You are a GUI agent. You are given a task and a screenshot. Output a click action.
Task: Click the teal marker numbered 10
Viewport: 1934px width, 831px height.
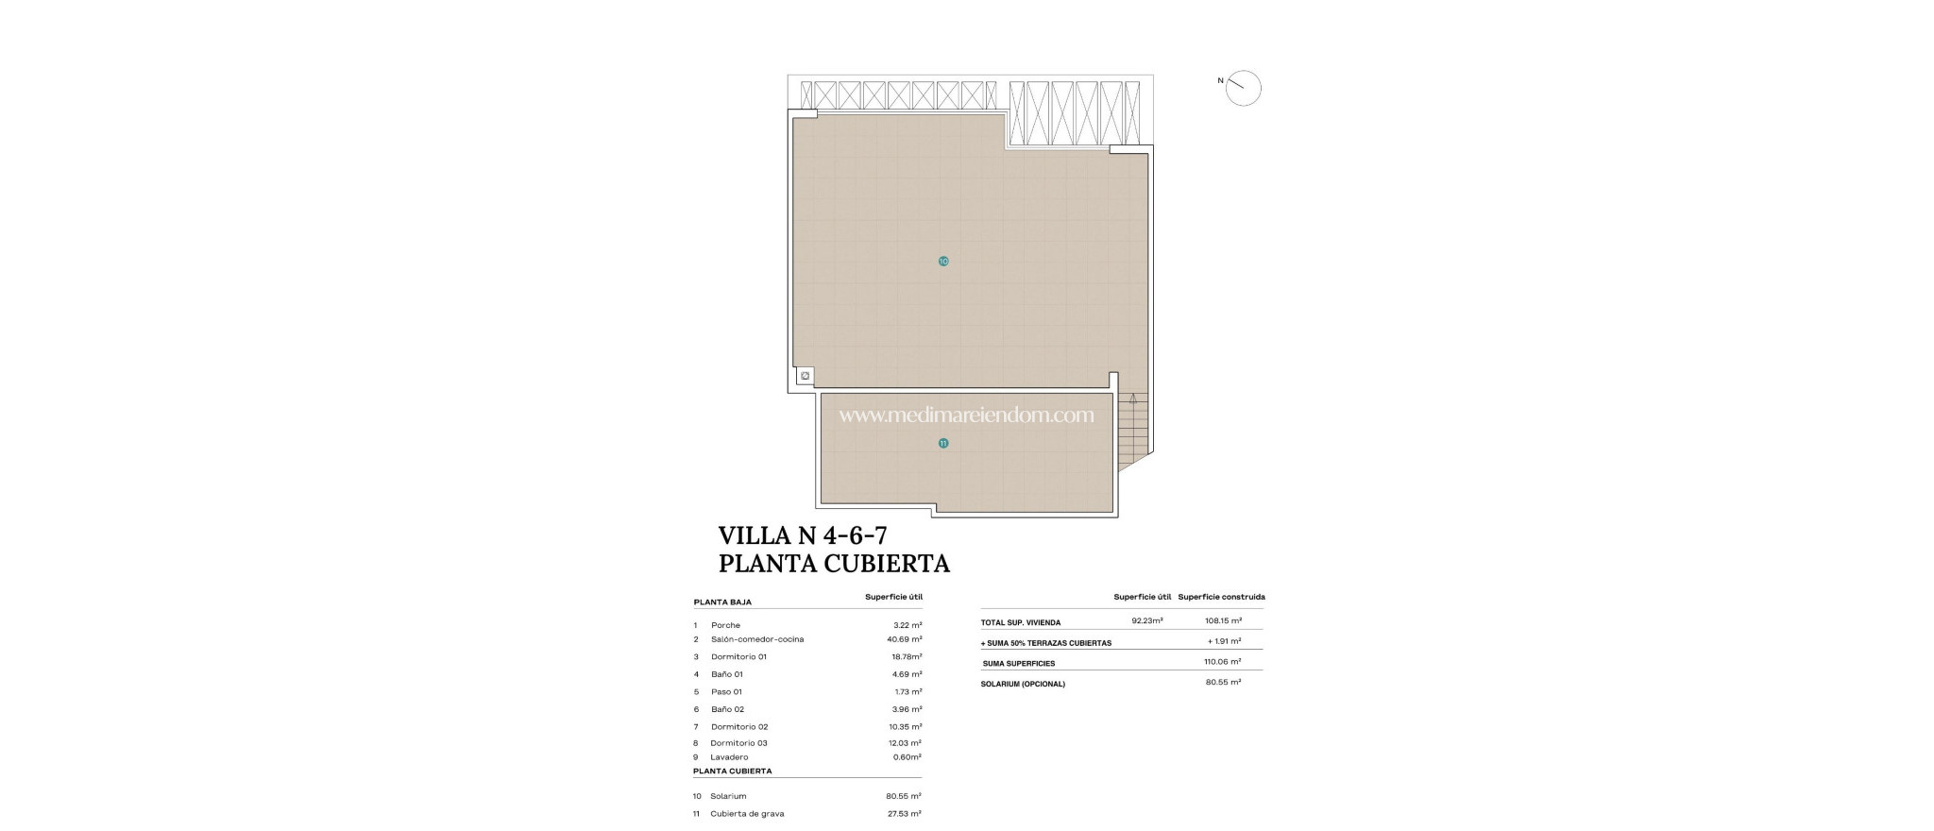(943, 261)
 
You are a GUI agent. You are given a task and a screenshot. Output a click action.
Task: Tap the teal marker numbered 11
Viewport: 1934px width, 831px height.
(942, 443)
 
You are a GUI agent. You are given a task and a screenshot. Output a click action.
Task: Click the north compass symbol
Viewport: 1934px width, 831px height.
(1243, 88)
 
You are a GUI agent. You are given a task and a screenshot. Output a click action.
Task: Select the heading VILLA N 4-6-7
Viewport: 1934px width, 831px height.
(803, 535)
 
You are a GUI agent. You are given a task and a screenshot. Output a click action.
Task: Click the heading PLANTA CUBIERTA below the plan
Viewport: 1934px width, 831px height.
(834, 564)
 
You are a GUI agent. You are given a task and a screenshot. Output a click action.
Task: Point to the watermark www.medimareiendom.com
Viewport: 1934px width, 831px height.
(966, 415)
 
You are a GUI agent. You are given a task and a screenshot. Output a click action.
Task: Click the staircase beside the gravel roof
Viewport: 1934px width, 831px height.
(1132, 431)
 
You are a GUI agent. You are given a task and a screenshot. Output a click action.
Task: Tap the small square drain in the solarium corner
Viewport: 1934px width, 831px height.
(805, 376)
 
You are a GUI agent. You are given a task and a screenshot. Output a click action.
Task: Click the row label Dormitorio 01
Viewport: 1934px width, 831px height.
(738, 656)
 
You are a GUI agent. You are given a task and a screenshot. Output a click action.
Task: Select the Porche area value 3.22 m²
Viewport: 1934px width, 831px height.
(908, 625)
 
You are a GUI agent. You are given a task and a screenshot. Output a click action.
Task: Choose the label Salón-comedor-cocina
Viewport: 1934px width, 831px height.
(757, 639)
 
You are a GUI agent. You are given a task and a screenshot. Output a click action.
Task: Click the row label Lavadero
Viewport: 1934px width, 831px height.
(729, 757)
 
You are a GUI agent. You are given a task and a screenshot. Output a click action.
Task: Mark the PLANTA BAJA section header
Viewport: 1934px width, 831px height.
(722, 602)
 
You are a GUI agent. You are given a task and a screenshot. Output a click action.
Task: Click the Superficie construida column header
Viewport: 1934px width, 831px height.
(1221, 597)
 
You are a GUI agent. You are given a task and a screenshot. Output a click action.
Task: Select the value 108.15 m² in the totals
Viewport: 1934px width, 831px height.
(1223, 620)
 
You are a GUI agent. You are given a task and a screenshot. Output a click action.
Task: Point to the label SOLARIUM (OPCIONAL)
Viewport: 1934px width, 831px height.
(1023, 684)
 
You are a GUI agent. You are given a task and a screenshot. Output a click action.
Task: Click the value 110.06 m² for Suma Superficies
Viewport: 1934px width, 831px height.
(1222, 662)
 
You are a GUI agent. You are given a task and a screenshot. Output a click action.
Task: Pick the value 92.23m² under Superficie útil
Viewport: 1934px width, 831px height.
(1146, 620)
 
